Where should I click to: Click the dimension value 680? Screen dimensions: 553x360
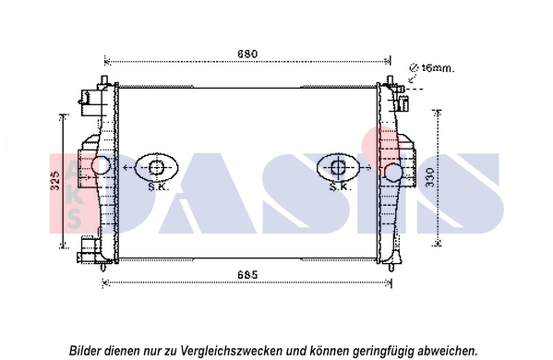247,54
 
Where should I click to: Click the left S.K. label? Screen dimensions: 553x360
157,186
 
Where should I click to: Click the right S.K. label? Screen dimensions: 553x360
339,186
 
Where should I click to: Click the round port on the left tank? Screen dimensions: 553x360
99,166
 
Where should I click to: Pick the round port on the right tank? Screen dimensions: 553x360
395,172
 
